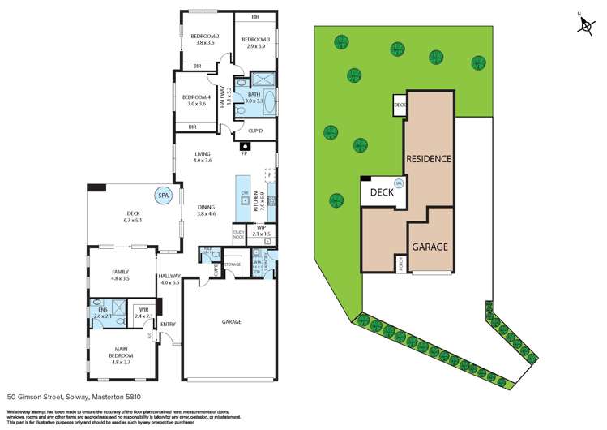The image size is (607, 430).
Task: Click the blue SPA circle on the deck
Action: click(x=164, y=196)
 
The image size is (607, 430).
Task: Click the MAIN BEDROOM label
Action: click(x=113, y=353)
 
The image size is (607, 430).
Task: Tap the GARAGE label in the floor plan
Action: click(x=232, y=322)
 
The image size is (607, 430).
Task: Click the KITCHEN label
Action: click(x=255, y=199)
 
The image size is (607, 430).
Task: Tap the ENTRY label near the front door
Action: click(x=168, y=325)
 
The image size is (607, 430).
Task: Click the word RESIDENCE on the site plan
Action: click(x=429, y=159)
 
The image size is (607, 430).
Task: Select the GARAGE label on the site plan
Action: click(x=430, y=246)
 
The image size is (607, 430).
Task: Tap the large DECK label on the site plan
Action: click(x=382, y=193)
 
